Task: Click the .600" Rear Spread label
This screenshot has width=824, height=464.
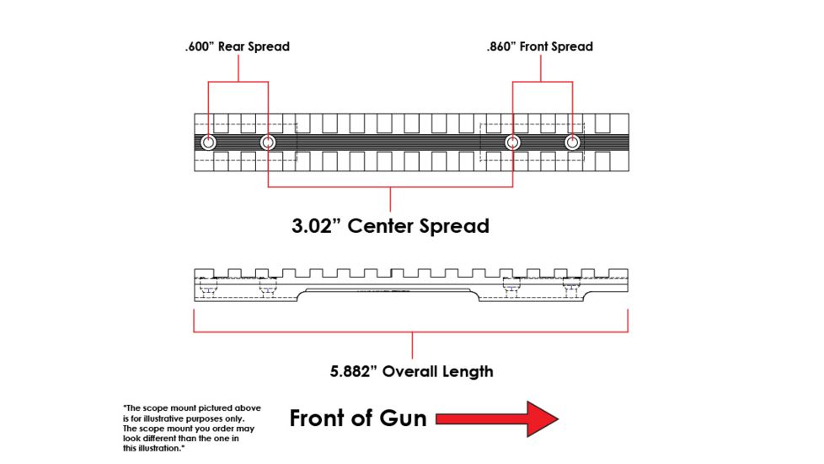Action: [237, 46]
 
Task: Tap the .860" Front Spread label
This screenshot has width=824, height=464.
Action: [539, 46]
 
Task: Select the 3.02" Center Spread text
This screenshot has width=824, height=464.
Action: [390, 226]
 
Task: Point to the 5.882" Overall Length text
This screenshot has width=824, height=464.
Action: [411, 371]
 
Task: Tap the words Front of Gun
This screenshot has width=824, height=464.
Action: [358, 418]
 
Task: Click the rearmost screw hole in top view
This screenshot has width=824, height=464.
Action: [208, 143]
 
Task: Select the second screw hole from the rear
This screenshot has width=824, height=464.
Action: [267, 143]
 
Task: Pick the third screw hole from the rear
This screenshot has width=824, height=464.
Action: [511, 143]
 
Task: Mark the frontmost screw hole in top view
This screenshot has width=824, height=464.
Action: [572, 143]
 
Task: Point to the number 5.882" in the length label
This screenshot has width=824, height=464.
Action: [354, 371]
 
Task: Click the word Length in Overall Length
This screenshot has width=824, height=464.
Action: [467, 371]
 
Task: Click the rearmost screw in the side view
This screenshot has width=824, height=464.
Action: [208, 290]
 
